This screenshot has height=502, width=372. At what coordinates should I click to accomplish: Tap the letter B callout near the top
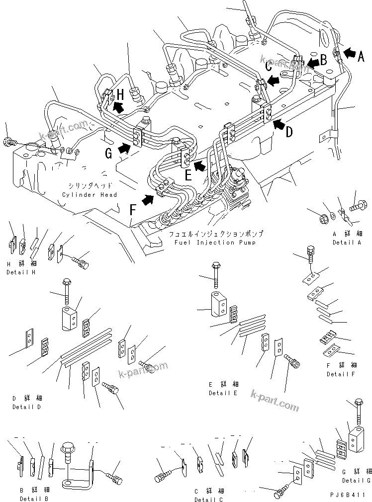tap(323, 61)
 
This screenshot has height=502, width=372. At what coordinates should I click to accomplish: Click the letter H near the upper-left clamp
tap(120, 93)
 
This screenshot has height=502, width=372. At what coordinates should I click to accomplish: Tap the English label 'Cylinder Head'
tap(90, 195)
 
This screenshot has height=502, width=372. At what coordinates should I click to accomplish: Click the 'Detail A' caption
tap(347, 243)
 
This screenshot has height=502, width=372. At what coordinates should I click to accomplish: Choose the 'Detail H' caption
tap(21, 272)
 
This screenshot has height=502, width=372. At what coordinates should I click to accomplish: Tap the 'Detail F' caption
tap(342, 374)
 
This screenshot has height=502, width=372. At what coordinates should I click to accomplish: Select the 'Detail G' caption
tap(356, 481)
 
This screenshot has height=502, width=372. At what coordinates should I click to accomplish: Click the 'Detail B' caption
tap(34, 498)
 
